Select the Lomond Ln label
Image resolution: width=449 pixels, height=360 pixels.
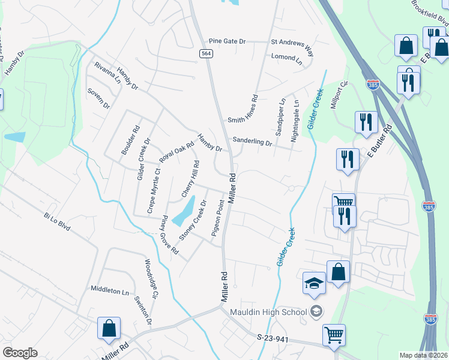tap(286, 58)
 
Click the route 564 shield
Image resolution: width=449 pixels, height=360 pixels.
tap(206, 54)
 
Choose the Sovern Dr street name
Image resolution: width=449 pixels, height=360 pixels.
tap(98, 98)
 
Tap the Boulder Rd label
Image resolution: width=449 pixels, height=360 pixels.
tap(130, 140)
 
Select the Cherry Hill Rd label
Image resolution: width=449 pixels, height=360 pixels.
tap(190, 179)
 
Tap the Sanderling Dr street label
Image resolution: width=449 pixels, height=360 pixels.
tap(252, 141)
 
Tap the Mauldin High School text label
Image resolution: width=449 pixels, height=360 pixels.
tap(268, 312)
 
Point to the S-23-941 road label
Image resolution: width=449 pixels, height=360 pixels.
tap(273, 339)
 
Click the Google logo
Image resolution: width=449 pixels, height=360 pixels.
tap(20, 352)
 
